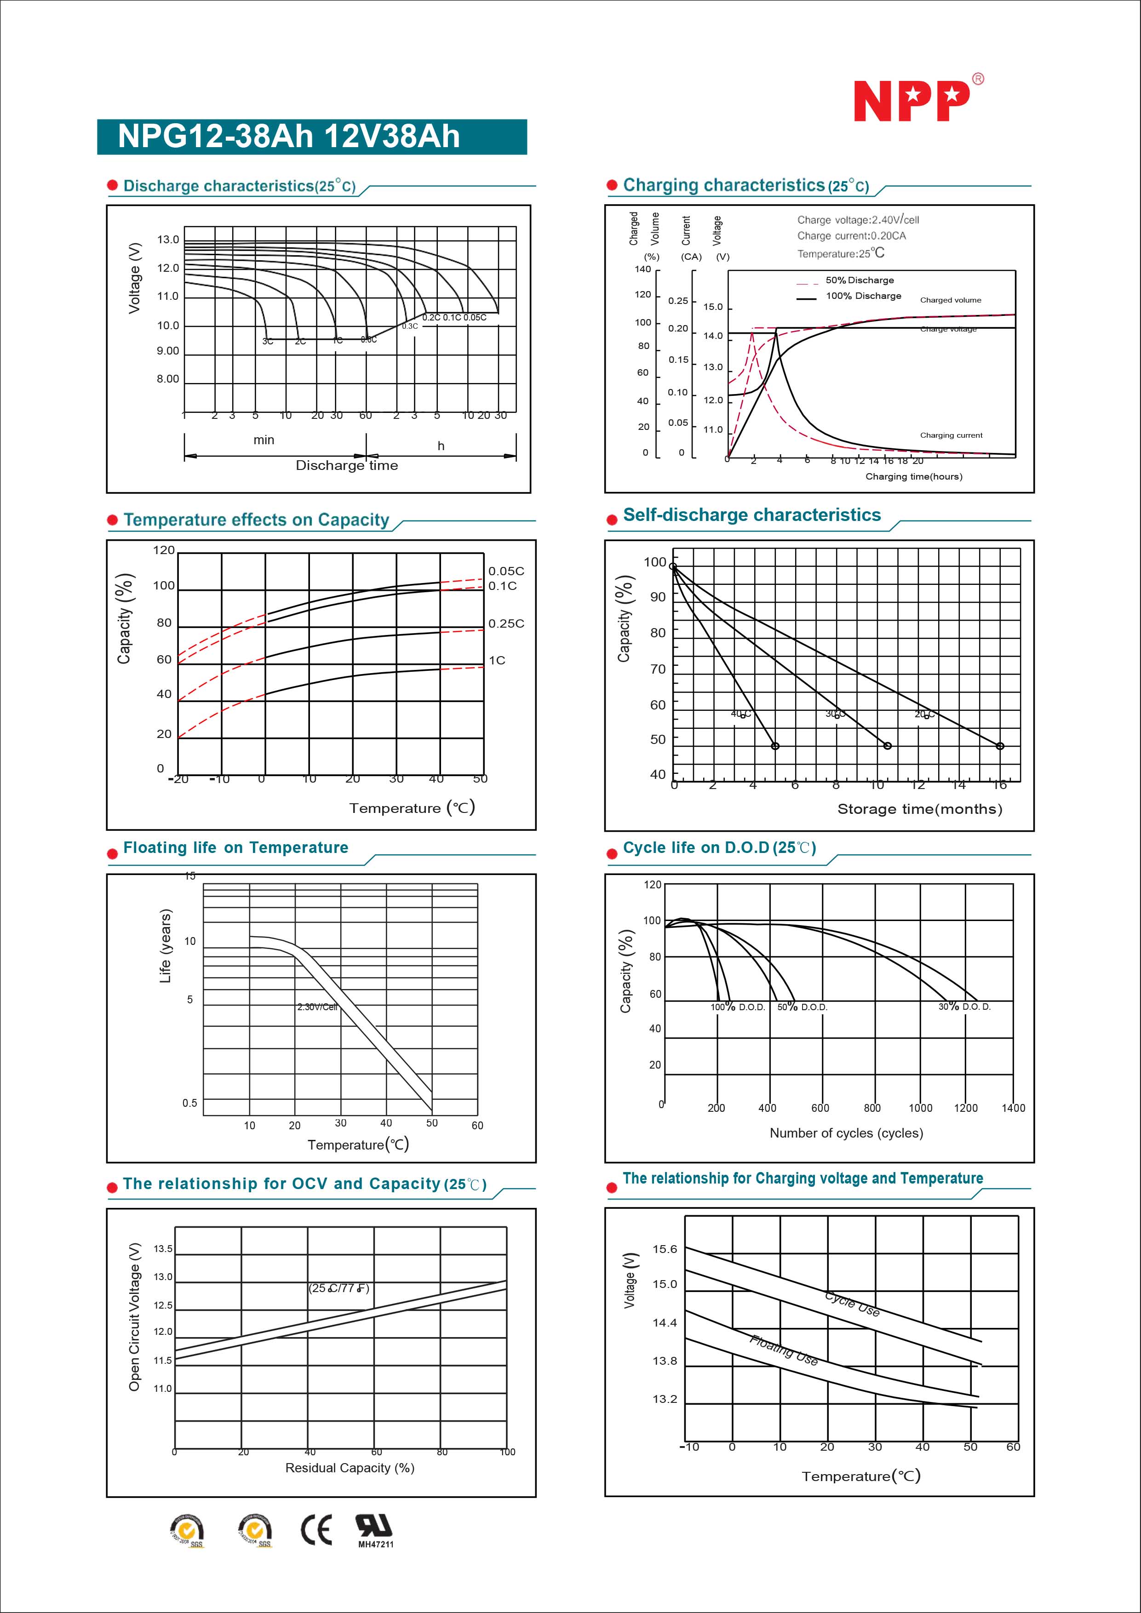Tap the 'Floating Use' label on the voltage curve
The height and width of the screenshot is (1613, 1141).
783,1350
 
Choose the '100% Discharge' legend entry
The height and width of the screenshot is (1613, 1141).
863,296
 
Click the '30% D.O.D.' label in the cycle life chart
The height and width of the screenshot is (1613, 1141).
964,1007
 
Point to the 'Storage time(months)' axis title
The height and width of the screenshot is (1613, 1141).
919,809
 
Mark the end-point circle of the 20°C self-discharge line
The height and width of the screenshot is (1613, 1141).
1000,746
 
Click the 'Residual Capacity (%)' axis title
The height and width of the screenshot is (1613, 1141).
349,1468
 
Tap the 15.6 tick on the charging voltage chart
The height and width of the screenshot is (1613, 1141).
665,1249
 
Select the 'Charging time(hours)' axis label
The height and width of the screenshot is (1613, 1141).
913,476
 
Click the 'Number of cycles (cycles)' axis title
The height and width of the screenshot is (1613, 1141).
846,1133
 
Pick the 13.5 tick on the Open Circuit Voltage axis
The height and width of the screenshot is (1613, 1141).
163,1248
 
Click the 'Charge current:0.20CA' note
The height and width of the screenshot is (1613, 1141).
851,236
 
